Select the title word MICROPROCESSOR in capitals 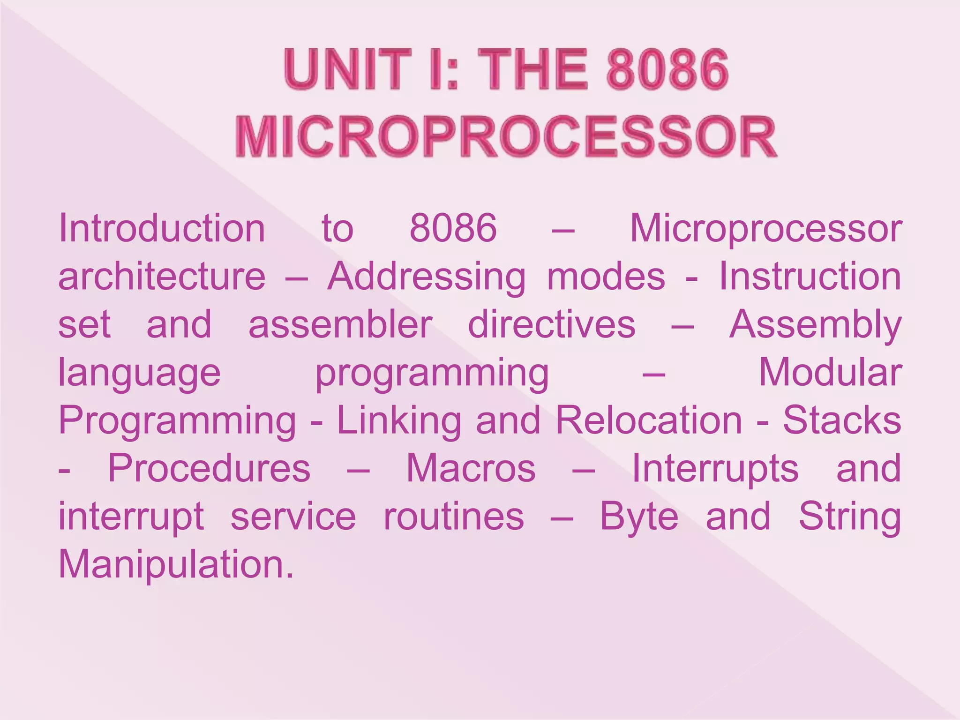[x=506, y=137]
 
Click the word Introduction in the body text [x=162, y=228]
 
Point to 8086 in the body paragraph [x=453, y=228]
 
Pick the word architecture [x=162, y=277]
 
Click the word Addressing [x=427, y=277]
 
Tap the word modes [x=606, y=277]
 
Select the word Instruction [x=810, y=277]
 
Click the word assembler [x=340, y=324]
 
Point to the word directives [x=552, y=324]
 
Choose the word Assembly [x=815, y=324]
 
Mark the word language [x=139, y=373]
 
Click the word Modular [x=830, y=372]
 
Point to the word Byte [x=639, y=517]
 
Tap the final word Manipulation [x=176, y=564]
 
